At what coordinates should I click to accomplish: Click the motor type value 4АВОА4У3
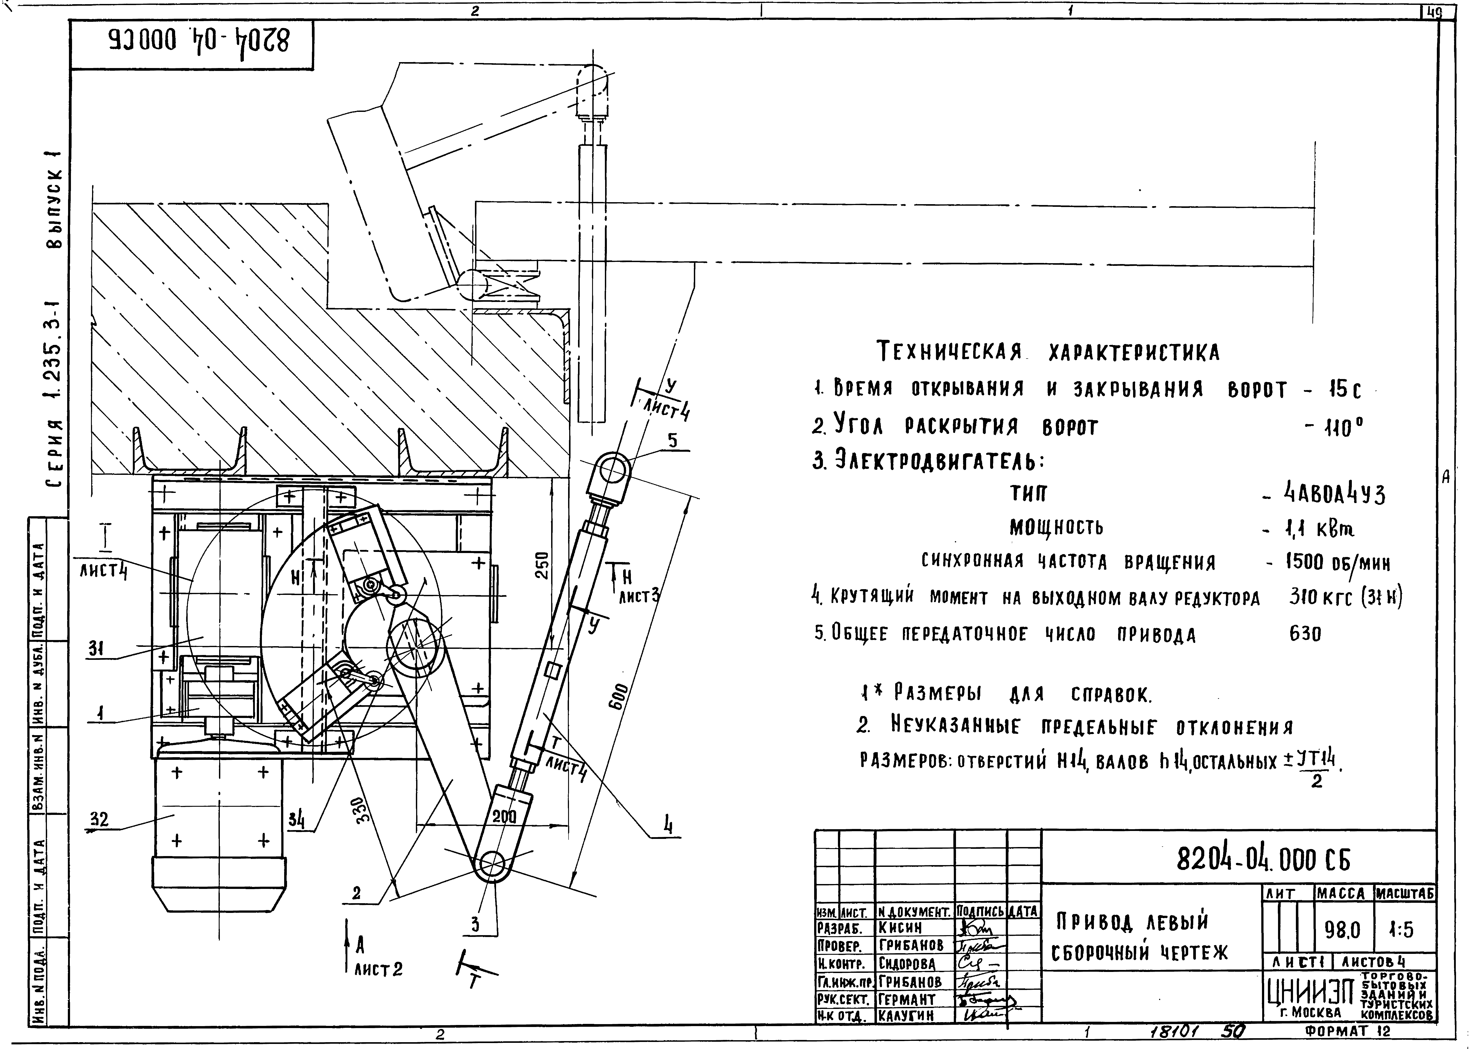click(x=1334, y=495)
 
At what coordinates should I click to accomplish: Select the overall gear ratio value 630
click(x=1305, y=634)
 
